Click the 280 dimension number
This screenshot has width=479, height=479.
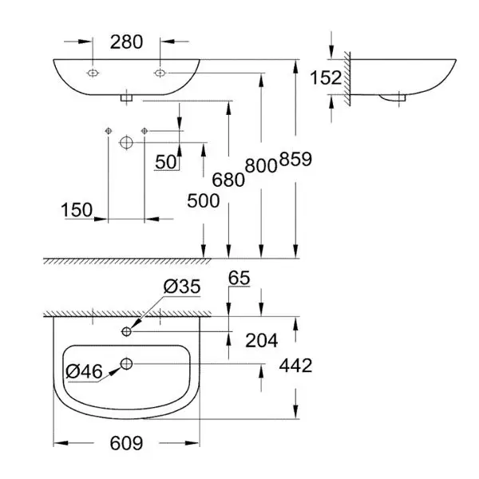126,42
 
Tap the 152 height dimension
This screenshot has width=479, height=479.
326,77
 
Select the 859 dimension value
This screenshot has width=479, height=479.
295,159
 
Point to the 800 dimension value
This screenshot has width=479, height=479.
261,166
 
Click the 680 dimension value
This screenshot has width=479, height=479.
228,180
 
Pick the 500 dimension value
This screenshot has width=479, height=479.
203,201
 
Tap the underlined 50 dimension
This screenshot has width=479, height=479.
166,162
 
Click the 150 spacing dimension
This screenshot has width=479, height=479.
77,210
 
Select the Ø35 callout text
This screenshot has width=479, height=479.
182,287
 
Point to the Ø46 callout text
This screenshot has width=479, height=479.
84,372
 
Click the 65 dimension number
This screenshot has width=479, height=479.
239,278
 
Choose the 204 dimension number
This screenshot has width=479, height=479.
262,341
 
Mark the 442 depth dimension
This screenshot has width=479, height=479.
295,366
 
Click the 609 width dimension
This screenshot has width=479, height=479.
126,443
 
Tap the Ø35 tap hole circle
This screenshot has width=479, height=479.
126,331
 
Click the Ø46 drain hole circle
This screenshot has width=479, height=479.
126,364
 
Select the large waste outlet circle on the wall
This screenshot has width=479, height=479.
126,142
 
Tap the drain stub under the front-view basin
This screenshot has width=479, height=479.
126,97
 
